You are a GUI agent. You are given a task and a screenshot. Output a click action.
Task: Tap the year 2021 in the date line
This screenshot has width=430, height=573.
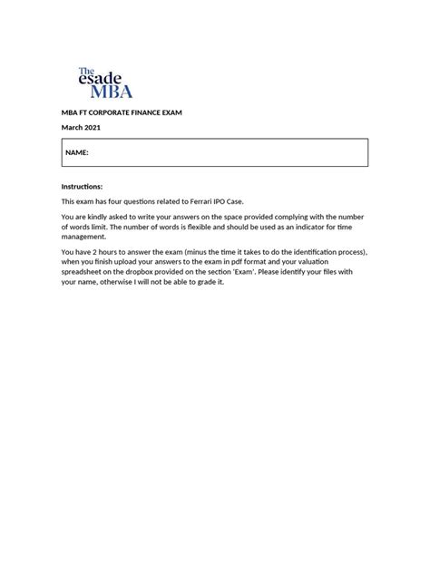(93, 127)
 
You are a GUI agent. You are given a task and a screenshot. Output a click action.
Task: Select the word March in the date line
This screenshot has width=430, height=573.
(72, 127)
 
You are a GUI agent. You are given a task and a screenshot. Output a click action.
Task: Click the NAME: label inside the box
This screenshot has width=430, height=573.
(77, 153)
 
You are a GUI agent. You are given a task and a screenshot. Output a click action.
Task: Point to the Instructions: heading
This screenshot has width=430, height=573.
(82, 186)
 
